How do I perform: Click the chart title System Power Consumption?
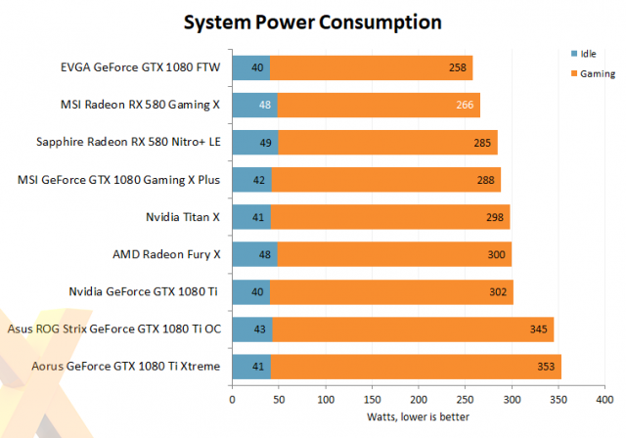(x=313, y=22)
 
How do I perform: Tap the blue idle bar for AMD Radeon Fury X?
(x=254, y=255)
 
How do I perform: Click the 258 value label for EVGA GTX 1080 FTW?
(x=457, y=67)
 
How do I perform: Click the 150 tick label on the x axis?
(x=372, y=400)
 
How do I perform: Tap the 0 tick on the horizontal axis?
(x=232, y=400)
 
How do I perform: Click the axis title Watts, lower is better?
(x=419, y=417)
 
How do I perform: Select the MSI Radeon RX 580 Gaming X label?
(x=148, y=105)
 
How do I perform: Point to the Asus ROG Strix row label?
(x=113, y=329)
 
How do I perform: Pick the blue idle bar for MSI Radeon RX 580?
(x=254, y=105)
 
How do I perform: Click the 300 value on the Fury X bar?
(x=496, y=255)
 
